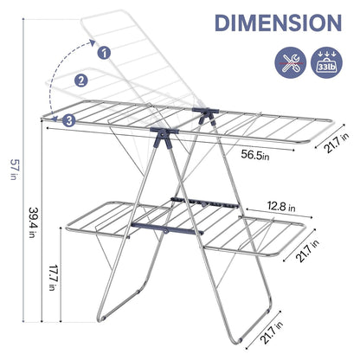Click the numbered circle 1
tap(106, 53)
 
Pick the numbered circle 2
tap(81, 81)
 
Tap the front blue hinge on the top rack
tap(161, 136)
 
